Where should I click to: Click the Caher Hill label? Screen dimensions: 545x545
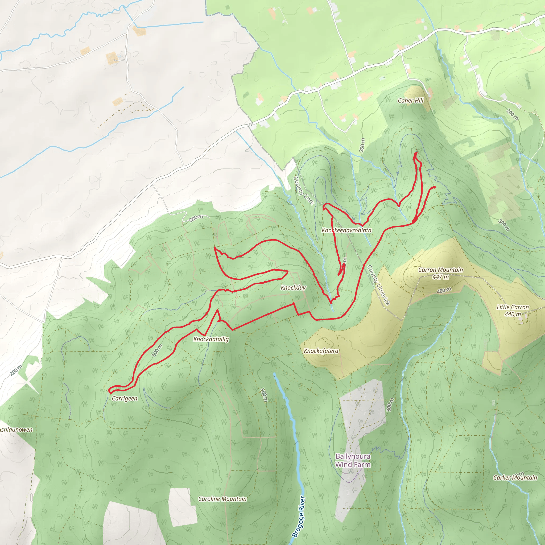coord(410,100)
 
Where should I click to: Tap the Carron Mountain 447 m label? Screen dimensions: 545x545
coord(440,273)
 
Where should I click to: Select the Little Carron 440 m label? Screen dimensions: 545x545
coord(513,310)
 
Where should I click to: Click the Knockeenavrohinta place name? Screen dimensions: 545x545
coord(346,230)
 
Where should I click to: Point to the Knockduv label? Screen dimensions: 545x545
coord(293,287)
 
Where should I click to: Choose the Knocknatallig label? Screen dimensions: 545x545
coord(211,339)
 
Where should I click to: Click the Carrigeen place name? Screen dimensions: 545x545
coord(124,398)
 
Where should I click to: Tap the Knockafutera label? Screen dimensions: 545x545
coord(321,351)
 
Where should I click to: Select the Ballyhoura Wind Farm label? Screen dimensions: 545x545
coord(353,460)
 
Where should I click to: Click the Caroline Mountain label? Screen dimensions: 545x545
coord(222,499)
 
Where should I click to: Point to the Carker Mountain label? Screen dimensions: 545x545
coord(515,478)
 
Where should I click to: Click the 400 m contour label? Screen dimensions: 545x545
coord(444,290)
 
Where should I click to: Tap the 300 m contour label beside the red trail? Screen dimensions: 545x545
coord(157,350)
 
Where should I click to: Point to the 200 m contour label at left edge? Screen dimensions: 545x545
coord(16,370)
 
